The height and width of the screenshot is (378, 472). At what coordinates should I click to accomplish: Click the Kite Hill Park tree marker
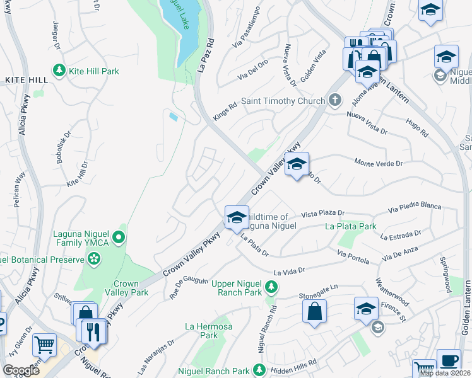pos(59,71)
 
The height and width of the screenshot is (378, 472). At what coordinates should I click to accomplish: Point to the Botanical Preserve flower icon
pos(94,258)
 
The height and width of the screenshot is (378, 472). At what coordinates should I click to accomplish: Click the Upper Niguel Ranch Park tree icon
pos(271,287)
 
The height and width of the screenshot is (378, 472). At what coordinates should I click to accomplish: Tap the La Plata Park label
pos(350,226)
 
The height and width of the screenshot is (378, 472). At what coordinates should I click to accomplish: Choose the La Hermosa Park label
pos(201,331)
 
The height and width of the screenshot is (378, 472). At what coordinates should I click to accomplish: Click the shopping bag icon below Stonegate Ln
pos(314,311)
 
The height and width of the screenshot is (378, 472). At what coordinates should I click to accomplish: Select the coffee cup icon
pos(449,360)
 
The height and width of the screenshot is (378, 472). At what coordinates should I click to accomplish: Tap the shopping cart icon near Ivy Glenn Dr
pos(44,345)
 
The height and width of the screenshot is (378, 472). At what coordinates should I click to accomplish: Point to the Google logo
pos(21,370)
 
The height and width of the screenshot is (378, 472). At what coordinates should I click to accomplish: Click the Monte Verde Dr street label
pos(379,163)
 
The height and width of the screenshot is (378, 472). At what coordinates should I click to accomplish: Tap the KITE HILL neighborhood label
pos(27,80)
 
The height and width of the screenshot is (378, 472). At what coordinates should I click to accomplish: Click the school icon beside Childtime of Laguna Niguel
pos(237,217)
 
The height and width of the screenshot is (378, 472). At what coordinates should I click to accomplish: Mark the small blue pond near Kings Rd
pos(173,116)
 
